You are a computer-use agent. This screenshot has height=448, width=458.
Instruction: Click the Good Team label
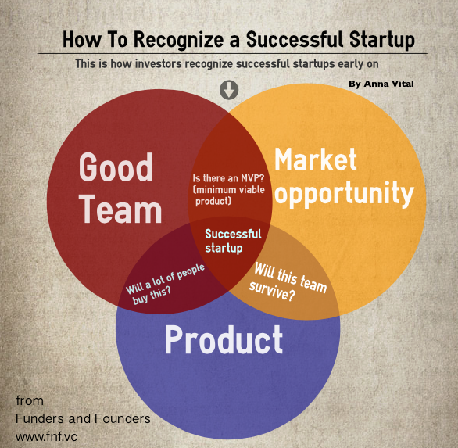pos(119,188)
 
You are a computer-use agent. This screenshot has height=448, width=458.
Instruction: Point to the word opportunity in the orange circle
pos(344,193)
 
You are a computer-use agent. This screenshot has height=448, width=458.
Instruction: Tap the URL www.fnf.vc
pos(45,435)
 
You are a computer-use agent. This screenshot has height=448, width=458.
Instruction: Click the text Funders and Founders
pos(83,418)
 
